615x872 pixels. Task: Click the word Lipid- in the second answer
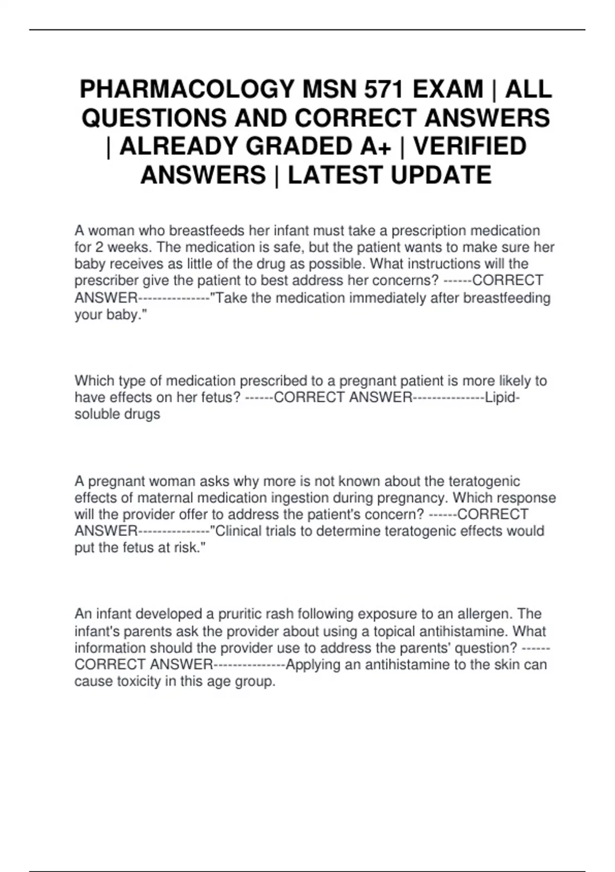pyautogui.click(x=502, y=398)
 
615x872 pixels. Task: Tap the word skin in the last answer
pyautogui.click(x=508, y=665)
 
